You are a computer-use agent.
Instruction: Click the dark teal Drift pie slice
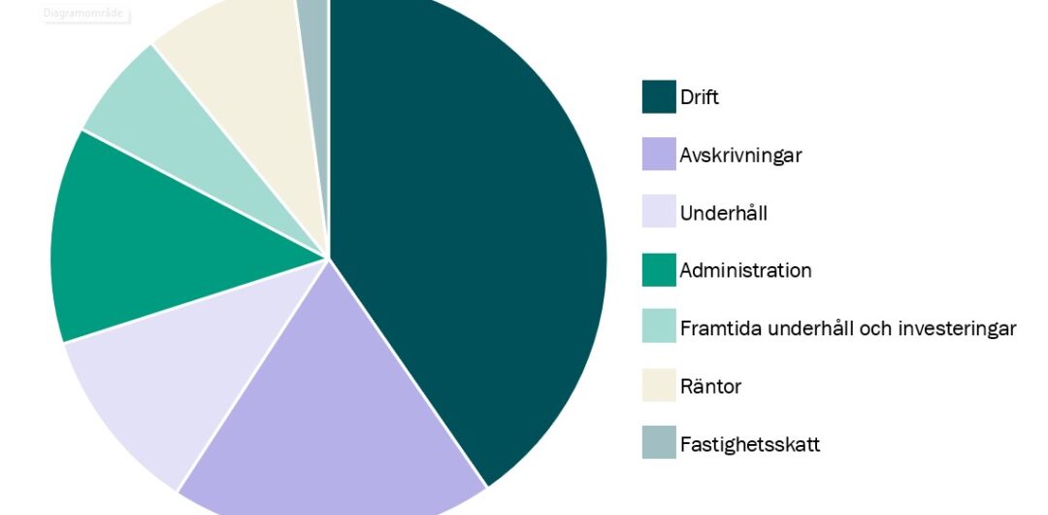[466, 223]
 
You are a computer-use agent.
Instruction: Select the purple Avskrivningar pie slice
[330, 408]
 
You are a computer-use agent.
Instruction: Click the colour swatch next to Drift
[659, 96]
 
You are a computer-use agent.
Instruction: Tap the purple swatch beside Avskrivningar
[659, 154]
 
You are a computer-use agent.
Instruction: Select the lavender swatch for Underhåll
[659, 212]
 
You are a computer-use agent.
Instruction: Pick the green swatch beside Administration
[659, 270]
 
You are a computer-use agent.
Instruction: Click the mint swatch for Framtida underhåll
[659, 327]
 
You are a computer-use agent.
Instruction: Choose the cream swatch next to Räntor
[659, 386]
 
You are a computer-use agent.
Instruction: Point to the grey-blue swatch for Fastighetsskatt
[659, 444]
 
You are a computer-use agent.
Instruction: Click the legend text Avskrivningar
[740, 154]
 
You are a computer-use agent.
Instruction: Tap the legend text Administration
[745, 270]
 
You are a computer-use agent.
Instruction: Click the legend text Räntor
[710, 386]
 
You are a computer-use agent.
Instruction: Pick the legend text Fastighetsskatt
[749, 444]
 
